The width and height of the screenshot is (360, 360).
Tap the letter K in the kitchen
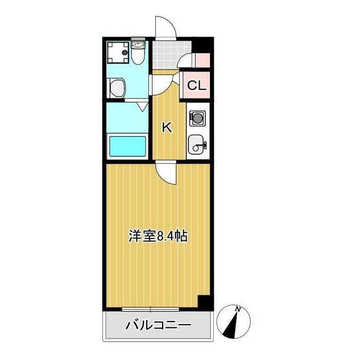(167, 127)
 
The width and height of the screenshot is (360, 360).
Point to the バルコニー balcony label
(159, 325)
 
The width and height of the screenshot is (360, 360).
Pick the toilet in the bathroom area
(138, 53)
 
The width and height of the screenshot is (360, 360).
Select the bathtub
(127, 146)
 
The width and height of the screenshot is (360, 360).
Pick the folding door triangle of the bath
(142, 105)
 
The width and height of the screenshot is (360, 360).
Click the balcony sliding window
(151, 309)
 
